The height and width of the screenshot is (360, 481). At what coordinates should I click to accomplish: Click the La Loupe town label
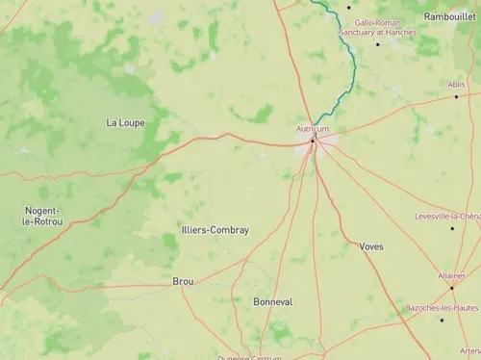click(x=125, y=122)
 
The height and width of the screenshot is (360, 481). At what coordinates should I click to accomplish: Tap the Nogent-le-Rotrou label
click(x=41, y=216)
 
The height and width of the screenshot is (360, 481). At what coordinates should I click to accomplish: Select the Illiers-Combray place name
click(x=215, y=230)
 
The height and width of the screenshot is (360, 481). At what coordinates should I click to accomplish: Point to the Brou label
click(x=183, y=281)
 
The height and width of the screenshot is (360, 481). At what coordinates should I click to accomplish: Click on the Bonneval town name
click(x=272, y=301)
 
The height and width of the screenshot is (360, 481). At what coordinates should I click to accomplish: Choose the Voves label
click(x=371, y=246)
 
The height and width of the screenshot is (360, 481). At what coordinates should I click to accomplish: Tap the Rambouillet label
click(x=449, y=16)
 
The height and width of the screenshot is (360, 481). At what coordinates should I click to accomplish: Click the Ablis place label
click(x=458, y=84)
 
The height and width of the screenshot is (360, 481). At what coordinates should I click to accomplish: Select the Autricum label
click(x=312, y=129)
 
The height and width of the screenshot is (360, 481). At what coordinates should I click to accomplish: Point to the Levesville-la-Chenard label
click(x=447, y=217)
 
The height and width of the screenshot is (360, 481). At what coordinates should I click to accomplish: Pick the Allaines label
click(x=451, y=275)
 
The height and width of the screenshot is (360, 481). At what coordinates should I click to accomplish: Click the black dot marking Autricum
click(x=312, y=141)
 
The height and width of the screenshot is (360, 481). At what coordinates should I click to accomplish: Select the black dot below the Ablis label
click(x=457, y=96)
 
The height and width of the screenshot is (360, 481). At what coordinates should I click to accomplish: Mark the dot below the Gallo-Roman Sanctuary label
click(x=378, y=43)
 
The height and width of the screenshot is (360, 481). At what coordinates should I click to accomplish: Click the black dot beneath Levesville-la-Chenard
click(x=451, y=228)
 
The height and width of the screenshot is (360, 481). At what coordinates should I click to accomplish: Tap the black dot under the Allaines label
click(x=451, y=287)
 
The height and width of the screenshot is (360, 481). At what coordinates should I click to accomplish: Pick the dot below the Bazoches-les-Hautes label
click(x=442, y=320)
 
